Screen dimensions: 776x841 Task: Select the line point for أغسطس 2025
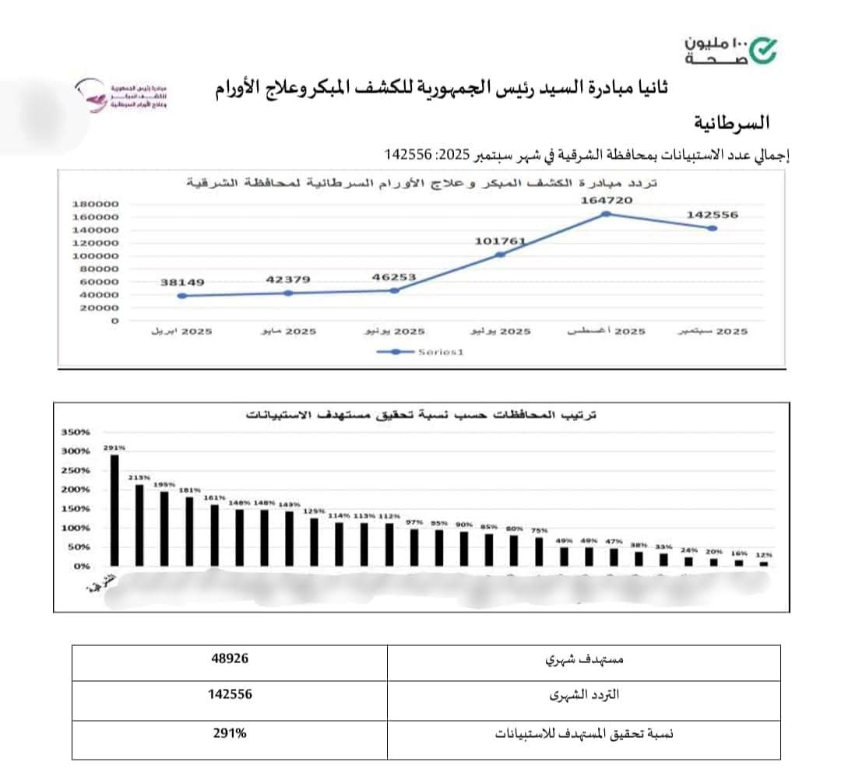(605, 214)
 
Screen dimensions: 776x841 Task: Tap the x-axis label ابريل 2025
(181, 332)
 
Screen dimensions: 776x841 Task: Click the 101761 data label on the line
(500, 241)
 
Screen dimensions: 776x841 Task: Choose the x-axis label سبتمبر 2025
(711, 332)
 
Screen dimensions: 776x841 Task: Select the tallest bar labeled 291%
(114, 510)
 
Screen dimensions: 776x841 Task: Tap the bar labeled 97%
(413, 547)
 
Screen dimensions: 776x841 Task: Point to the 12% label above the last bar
(763, 555)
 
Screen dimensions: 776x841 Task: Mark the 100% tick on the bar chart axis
(76, 528)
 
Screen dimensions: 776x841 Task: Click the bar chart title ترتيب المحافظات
(420, 415)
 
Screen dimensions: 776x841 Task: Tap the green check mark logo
(762, 50)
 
